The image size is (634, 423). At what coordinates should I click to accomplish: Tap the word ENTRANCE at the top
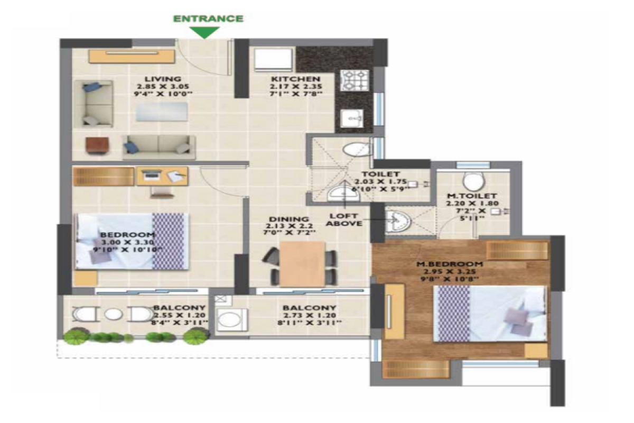click(x=208, y=19)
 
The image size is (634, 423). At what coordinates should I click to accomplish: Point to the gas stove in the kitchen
click(x=350, y=80)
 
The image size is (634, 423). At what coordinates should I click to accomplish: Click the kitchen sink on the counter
click(x=350, y=117)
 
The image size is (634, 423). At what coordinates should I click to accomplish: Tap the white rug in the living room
click(x=162, y=112)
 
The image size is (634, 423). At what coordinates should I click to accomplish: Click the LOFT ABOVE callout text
click(x=344, y=219)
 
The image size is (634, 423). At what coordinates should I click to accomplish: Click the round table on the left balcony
click(x=113, y=314)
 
